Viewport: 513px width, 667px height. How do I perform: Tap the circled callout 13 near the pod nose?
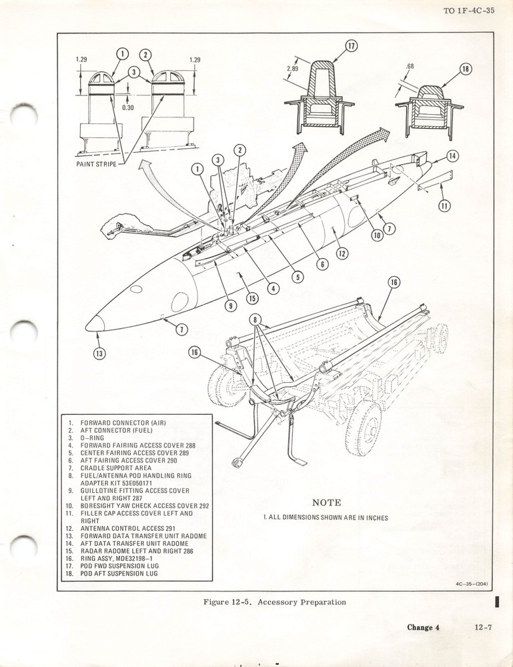99,354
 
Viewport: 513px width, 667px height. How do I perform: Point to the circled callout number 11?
444,206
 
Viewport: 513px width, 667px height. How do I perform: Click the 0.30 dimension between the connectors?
127,106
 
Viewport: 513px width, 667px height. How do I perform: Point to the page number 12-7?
484,627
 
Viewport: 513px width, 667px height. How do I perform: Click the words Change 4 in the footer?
427,627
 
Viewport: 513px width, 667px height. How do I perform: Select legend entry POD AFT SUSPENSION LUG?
119,573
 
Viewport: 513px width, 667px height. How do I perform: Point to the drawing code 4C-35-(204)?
471,585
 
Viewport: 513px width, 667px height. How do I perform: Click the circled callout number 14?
452,157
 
